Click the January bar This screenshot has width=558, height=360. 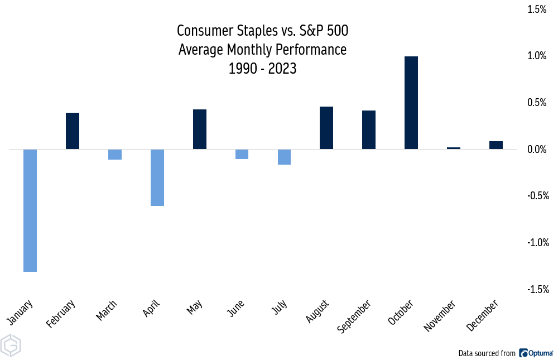(30, 210)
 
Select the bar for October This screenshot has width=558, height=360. (411, 103)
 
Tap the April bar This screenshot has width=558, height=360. (157, 177)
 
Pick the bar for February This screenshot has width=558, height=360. (73, 131)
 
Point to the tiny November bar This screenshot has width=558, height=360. (454, 148)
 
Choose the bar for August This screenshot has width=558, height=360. (326, 128)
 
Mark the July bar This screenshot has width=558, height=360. (284, 157)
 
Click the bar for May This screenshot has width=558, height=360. (200, 129)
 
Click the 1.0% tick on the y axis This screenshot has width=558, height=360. (538, 56)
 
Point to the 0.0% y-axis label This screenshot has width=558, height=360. (538, 149)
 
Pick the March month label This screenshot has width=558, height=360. (107, 310)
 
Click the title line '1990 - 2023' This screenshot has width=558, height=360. (262, 69)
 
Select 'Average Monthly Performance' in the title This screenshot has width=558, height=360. (262, 50)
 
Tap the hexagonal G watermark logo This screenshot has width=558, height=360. (11, 346)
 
